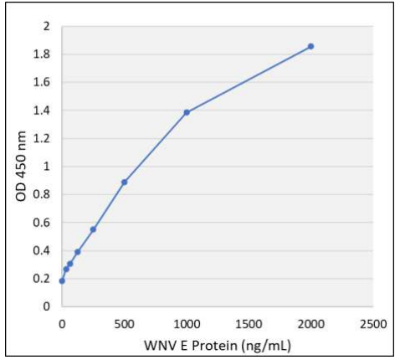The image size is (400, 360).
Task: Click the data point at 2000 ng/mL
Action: (310, 46)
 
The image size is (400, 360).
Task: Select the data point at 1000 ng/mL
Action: (187, 112)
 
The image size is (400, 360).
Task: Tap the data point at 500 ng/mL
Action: (124, 182)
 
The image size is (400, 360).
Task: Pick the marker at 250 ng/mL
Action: (93, 229)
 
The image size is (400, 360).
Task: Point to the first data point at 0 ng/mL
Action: (62, 280)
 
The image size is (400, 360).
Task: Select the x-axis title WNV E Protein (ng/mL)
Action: (218, 345)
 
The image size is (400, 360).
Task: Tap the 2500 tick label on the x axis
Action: (373, 322)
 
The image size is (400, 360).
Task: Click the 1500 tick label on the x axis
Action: (249, 322)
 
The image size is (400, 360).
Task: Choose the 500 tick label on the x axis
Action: (124, 322)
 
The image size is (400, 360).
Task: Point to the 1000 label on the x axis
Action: (187, 322)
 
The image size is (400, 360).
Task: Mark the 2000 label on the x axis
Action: (310, 322)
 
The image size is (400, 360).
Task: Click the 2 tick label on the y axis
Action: (47, 27)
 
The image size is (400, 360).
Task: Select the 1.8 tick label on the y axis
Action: (43, 54)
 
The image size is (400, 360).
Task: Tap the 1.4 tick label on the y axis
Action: (43, 111)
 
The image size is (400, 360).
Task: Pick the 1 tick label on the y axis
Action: (47, 167)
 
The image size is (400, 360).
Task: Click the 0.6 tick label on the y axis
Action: (43, 223)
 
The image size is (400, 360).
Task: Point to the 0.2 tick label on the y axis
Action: (43, 279)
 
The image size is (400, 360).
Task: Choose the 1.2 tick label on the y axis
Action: (43, 139)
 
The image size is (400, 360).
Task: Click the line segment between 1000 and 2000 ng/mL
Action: (249, 80)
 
